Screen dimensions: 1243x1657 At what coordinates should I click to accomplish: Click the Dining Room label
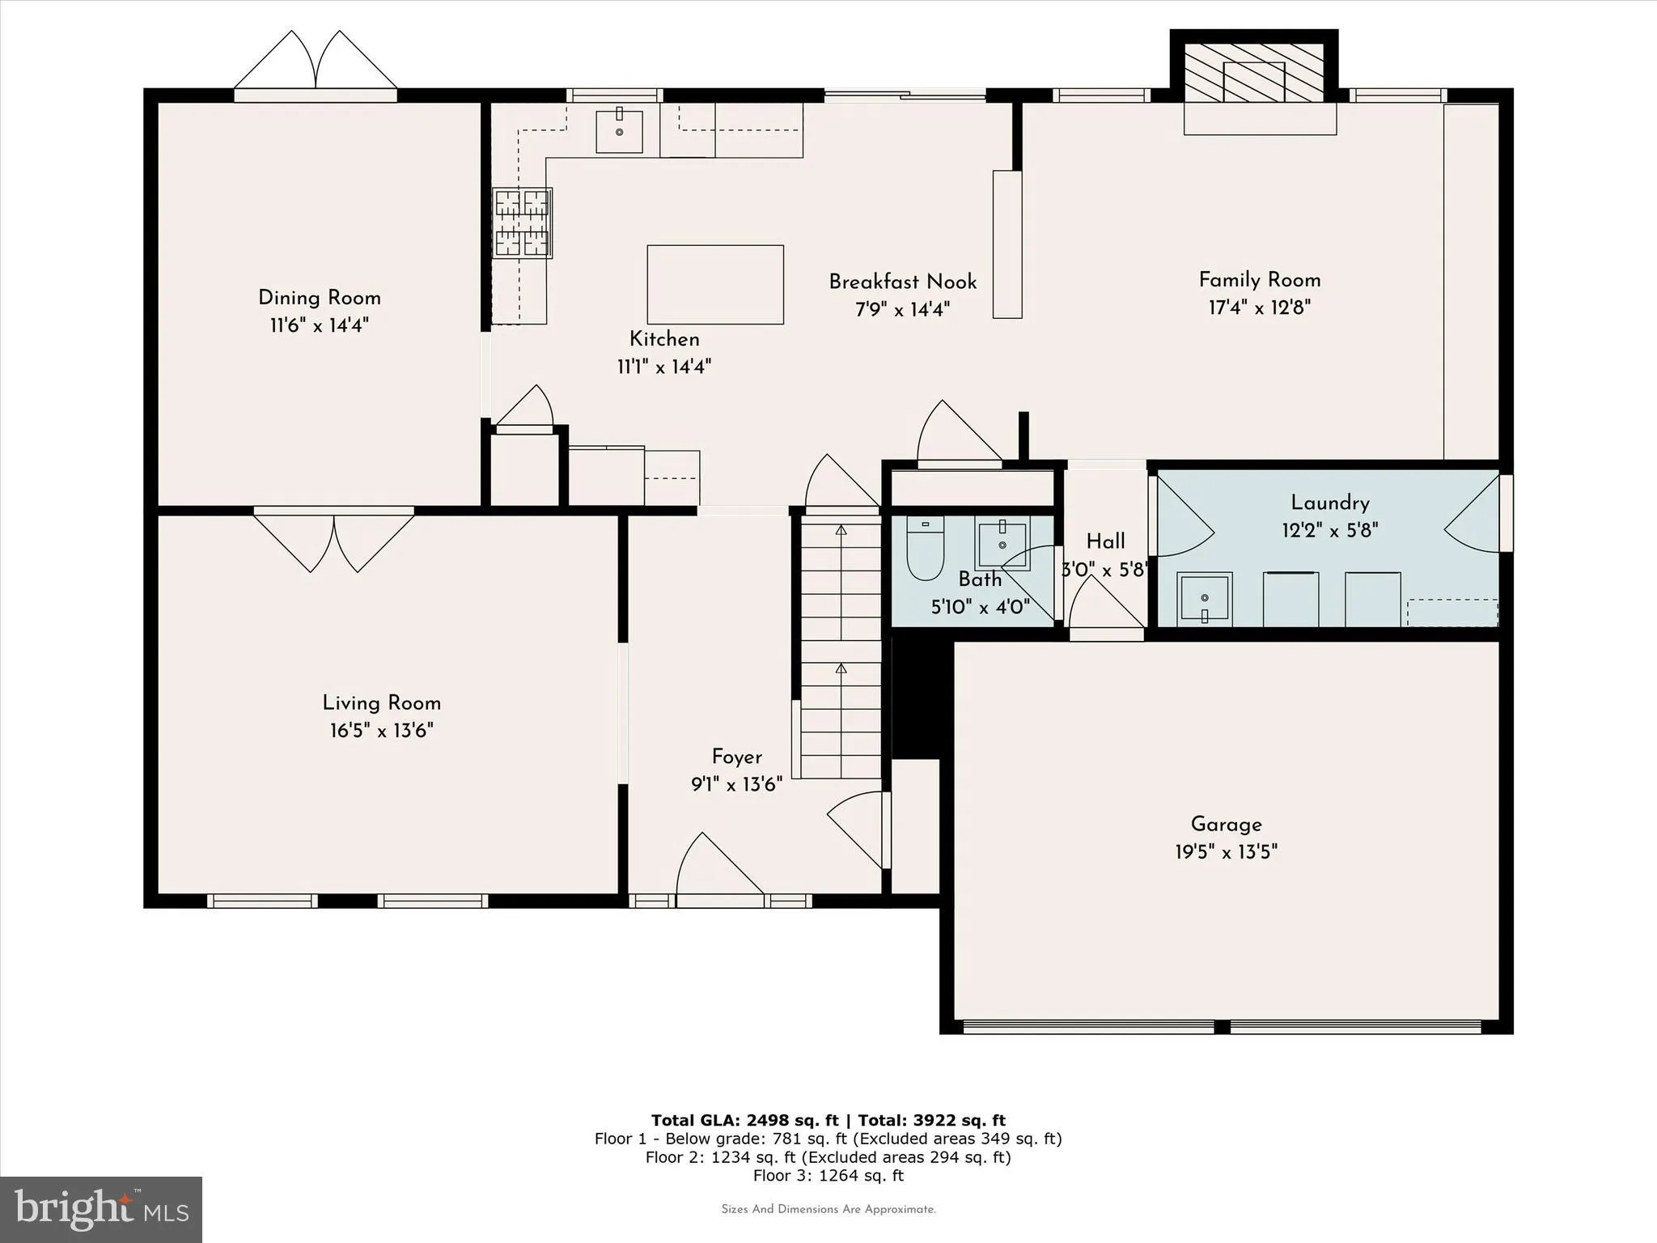pos(319,298)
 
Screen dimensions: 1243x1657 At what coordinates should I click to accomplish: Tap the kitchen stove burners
pos(522,223)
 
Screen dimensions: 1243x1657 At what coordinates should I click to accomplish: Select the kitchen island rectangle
pos(715,285)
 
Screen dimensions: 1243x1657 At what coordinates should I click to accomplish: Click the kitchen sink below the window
pos(619,132)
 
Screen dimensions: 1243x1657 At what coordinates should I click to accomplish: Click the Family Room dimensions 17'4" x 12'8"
pos(1259,308)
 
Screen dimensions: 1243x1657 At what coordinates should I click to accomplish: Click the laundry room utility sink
pos(1204,600)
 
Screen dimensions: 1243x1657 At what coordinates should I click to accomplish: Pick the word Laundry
pos(1329,503)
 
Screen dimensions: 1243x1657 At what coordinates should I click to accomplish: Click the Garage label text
pos(1226,825)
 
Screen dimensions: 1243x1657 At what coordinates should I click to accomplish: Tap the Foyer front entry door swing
pos(717,866)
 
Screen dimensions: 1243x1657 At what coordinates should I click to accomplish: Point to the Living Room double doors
pos(334,541)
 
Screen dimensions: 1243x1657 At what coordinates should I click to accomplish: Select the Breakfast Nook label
pos(902,282)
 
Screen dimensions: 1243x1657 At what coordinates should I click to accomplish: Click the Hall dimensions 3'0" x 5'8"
pos(1104,570)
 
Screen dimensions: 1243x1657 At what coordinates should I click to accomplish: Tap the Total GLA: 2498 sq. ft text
pos(744,1120)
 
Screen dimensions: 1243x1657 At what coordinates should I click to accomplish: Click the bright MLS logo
pos(101,1209)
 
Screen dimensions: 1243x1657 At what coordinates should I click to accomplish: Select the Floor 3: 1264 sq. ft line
pos(828,1175)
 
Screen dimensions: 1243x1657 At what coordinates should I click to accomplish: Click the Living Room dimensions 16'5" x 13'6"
pos(381,731)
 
